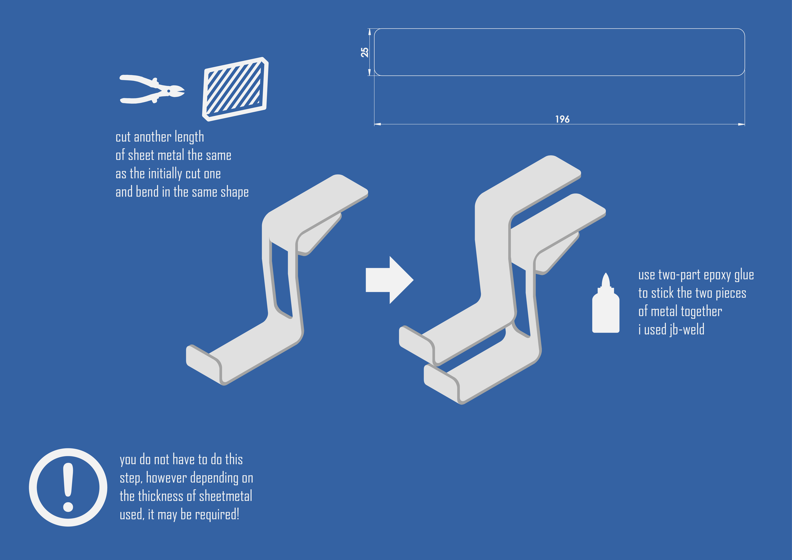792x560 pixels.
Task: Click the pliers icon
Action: tap(152, 89)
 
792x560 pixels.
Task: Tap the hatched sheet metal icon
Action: tap(235, 89)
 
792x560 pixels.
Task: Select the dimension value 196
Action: tap(562, 119)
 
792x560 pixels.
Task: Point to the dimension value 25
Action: tap(365, 52)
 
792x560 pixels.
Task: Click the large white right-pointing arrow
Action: tap(389, 280)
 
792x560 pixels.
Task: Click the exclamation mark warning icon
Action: tap(68, 487)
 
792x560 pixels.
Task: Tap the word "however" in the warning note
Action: tap(166, 478)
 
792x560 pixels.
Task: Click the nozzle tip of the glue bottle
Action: tap(606, 274)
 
